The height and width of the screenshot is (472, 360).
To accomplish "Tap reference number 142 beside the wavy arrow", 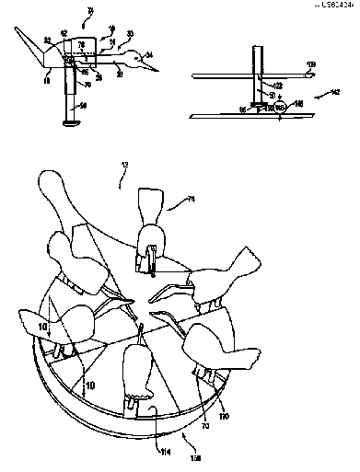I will click(319, 94).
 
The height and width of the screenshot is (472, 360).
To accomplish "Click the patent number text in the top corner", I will click(336, 4).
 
